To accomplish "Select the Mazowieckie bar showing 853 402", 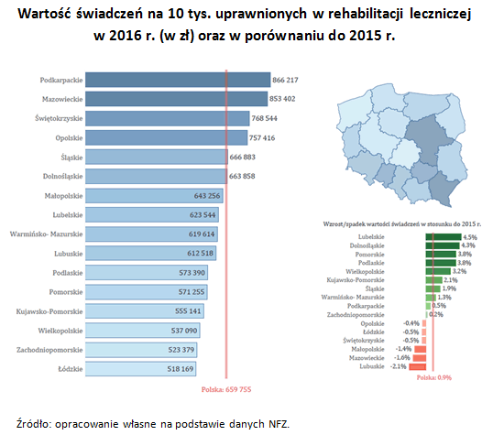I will click(175, 99).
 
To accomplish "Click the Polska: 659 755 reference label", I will click(225, 389).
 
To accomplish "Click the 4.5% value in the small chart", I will click(471, 237).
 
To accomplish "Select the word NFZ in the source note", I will click(278, 423).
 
